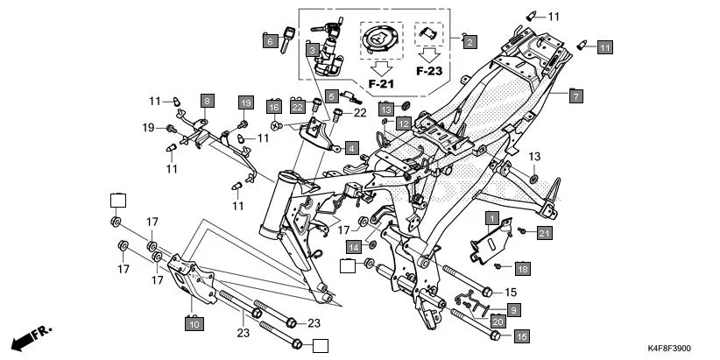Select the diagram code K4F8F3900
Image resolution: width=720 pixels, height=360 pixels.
tap(681, 349)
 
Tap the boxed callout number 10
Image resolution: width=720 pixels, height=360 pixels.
tap(193, 324)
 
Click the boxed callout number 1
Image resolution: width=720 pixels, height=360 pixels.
tap(493, 216)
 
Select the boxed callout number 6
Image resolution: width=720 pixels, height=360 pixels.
tap(271, 39)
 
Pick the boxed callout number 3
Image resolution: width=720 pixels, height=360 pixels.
tap(311, 51)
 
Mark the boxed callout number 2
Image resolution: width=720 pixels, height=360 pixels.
tap(469, 41)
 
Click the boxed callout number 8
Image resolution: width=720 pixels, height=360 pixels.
tap(207, 102)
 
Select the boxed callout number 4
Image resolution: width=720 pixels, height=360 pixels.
tap(350, 148)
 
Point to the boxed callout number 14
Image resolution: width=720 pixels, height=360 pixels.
tap(351, 245)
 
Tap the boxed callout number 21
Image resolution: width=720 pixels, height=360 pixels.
tap(544, 232)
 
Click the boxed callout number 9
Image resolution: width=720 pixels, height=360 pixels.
tap(513, 309)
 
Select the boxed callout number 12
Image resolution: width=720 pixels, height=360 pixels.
tap(402, 124)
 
